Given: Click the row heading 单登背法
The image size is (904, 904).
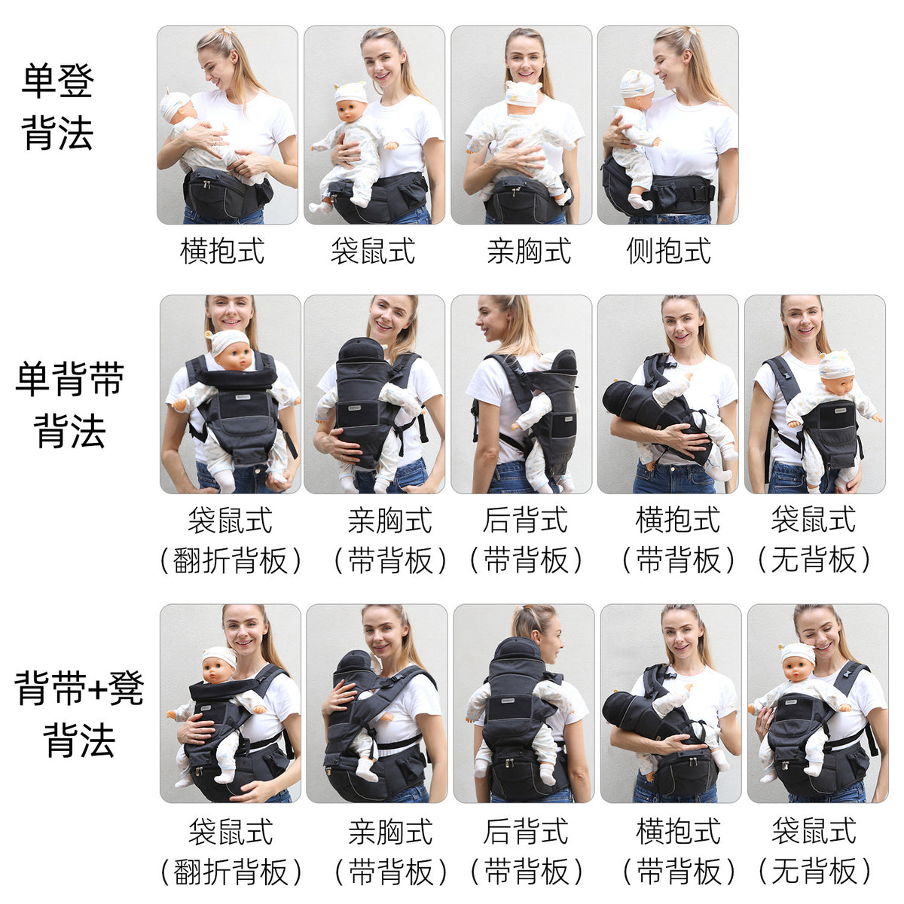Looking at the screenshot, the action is pos(57,107).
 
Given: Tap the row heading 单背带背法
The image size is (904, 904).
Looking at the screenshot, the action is pos(69,405).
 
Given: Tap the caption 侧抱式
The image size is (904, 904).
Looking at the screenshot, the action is pos(668,251).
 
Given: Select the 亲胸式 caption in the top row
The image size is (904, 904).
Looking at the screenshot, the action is pos(529,251).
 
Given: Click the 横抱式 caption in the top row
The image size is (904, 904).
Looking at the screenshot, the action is pos(222,251).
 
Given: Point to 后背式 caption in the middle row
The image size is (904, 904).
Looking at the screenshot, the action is pos(525,520).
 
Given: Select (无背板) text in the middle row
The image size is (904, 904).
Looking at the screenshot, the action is pos(814,560).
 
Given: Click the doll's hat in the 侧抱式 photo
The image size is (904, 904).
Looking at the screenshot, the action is pos(637,84).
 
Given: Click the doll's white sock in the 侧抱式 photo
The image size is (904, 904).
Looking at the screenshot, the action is pos(640,201).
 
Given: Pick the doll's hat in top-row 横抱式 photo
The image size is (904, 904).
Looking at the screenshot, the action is pos(175,105).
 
